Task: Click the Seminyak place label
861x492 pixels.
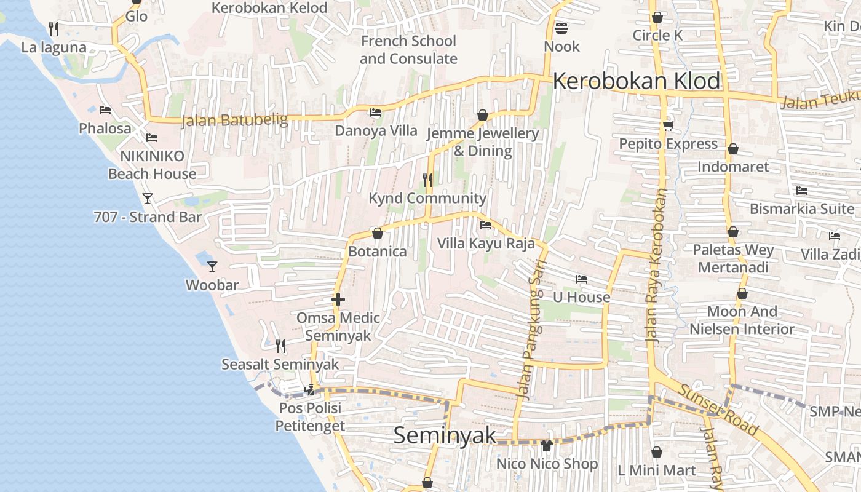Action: [x=444, y=435]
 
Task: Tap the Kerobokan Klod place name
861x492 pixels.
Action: [x=637, y=81]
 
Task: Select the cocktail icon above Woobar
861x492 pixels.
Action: [x=212, y=266]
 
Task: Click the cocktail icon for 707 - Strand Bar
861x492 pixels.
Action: [x=148, y=198]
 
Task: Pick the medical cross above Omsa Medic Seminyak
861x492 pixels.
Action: [x=338, y=300]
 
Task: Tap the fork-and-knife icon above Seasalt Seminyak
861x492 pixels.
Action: [x=280, y=346]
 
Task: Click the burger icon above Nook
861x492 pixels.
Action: [x=561, y=28]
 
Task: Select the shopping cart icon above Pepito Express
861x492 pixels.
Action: [x=668, y=125]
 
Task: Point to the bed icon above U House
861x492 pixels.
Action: [x=581, y=279]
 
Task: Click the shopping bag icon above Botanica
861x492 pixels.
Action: [x=377, y=233]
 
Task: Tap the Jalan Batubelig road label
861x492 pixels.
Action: [x=234, y=120]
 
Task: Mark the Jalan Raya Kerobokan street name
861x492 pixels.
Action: [x=657, y=266]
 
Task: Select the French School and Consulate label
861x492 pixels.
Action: [x=408, y=50]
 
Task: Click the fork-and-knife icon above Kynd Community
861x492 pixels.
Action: [x=427, y=180]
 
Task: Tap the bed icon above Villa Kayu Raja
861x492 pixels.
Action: [x=486, y=224]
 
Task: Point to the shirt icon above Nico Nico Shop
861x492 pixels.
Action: [x=546, y=445]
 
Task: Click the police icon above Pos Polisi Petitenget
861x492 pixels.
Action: [x=311, y=389]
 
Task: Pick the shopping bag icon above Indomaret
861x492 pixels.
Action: [x=732, y=149]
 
